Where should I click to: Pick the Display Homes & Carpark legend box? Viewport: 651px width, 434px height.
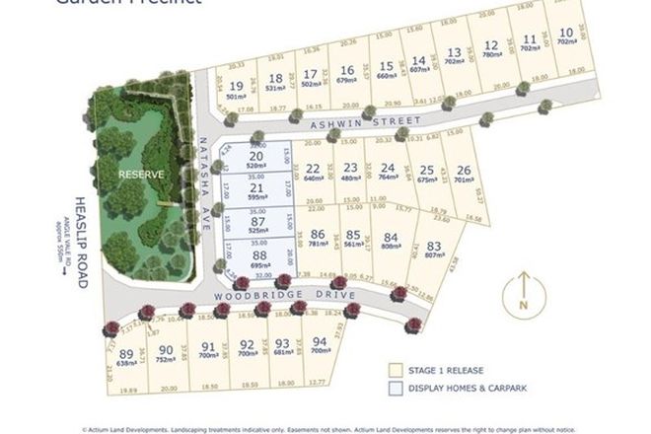pos(398,392)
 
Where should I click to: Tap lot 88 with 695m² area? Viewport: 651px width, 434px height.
pos(259,259)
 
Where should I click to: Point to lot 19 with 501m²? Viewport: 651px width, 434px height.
pos(234,92)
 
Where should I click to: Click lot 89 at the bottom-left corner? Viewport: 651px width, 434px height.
pos(125,357)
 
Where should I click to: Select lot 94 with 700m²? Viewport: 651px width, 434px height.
pos(320,345)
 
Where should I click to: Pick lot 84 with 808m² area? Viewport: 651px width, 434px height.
pos(392,241)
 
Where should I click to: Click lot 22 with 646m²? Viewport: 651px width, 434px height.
pos(314,174)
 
